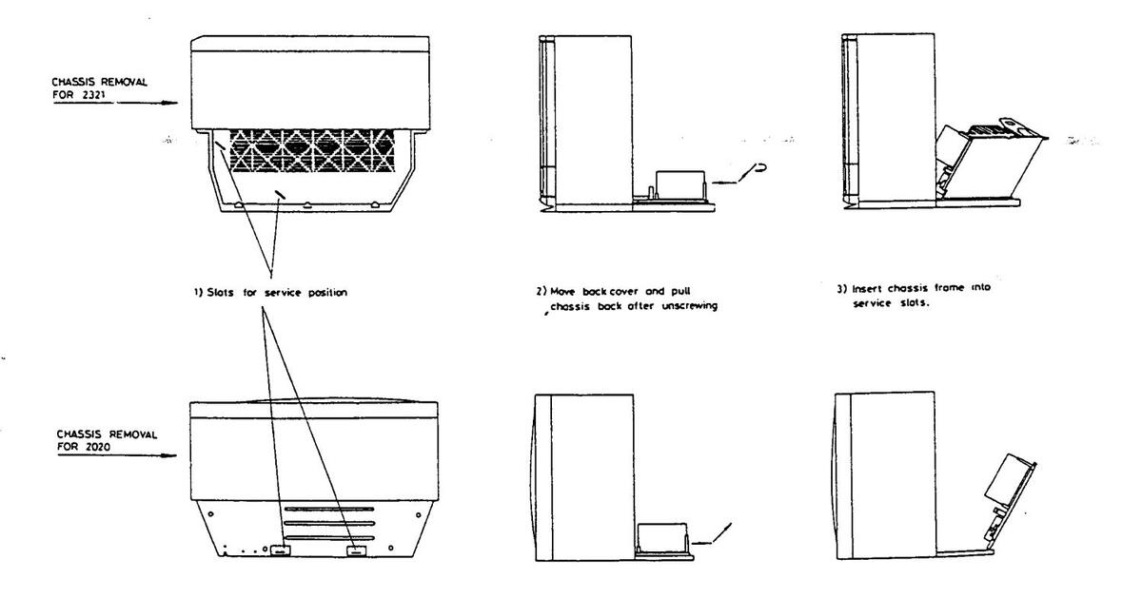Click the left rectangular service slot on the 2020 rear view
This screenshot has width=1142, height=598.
coord(280,550)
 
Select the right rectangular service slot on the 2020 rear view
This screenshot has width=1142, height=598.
coord(356,550)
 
